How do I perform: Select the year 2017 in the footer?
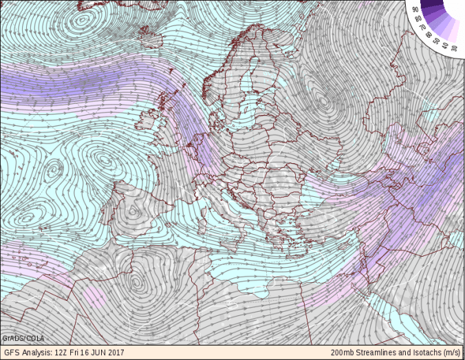[x=125, y=353]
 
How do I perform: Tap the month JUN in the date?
[x=107, y=353]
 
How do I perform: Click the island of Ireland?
[x=147, y=123]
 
